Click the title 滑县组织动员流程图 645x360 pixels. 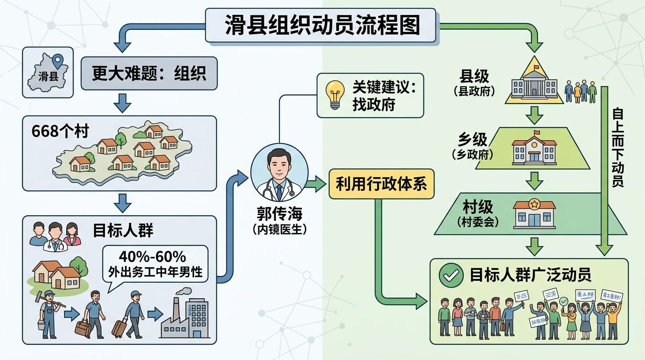pos(322,26)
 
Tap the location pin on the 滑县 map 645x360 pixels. pos(58,61)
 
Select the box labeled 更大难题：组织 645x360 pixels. pos(149,74)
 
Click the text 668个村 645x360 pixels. pos(60,132)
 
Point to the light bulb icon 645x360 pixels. pos(335,95)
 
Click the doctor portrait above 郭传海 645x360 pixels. pos(279,172)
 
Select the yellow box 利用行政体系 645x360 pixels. pos(381,184)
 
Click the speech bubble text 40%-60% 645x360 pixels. pos(152,256)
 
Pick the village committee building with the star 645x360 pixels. pos(534,213)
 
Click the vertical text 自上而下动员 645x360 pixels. pos(618,148)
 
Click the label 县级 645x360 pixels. pos(474,76)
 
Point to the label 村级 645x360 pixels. pos(477,206)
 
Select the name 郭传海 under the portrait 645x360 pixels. pos(279,214)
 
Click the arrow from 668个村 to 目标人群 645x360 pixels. pos(123,202)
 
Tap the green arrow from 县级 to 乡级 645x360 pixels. pos(533,114)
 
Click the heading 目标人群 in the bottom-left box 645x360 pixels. pos(123,230)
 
